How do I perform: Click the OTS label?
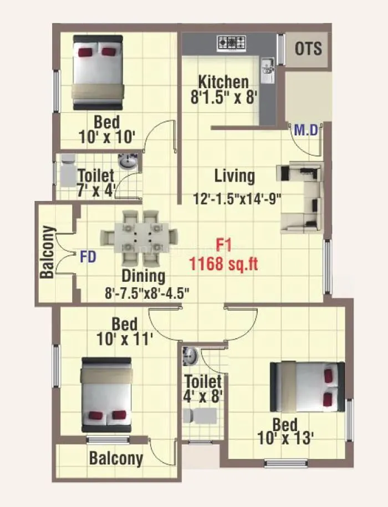(x=308, y=48)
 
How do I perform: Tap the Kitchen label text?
(x=223, y=82)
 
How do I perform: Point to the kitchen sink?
(x=266, y=66)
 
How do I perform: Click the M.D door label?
(x=305, y=131)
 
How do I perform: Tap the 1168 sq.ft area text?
(x=223, y=263)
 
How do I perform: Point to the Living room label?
(x=235, y=177)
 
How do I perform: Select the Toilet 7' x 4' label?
(x=95, y=183)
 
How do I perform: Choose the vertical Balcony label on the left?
(x=48, y=252)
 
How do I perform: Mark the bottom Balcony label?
(x=116, y=459)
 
